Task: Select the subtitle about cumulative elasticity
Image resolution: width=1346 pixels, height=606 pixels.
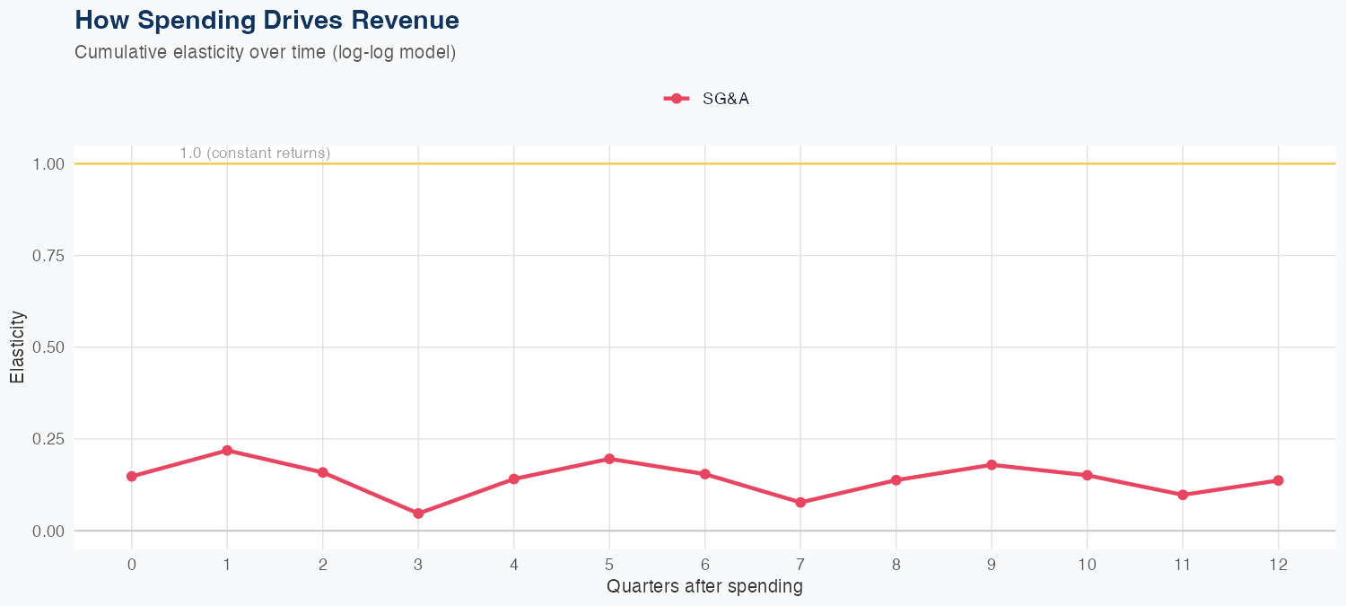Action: [266, 52]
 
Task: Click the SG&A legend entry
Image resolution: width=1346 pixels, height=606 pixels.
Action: [706, 99]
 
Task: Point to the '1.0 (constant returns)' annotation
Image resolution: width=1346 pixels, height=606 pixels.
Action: [255, 154]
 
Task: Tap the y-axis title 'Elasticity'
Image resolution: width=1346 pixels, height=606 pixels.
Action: [17, 347]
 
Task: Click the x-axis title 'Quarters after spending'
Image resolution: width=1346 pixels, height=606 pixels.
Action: [704, 587]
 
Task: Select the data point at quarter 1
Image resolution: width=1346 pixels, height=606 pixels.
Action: [227, 451]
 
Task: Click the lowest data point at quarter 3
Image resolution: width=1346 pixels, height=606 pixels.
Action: [418, 514]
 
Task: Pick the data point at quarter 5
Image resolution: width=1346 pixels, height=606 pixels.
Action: [609, 459]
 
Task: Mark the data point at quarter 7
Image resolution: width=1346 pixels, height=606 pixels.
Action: [800, 503]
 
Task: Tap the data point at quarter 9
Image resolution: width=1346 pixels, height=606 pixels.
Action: [992, 465]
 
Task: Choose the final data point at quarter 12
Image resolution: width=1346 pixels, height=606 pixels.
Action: [1279, 480]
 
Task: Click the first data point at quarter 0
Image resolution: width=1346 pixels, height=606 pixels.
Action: [132, 477]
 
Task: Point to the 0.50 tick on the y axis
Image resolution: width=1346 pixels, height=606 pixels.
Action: [48, 347]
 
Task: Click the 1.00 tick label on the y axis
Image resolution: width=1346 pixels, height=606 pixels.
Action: [48, 164]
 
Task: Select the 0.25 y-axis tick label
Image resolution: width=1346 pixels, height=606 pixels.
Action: [48, 439]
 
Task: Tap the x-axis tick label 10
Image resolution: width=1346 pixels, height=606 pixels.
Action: [1087, 565]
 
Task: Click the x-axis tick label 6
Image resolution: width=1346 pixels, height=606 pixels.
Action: [704, 565]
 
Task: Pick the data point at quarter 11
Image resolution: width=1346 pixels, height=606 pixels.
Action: [1183, 495]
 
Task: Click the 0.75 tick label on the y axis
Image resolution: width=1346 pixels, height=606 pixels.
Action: [48, 256]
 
